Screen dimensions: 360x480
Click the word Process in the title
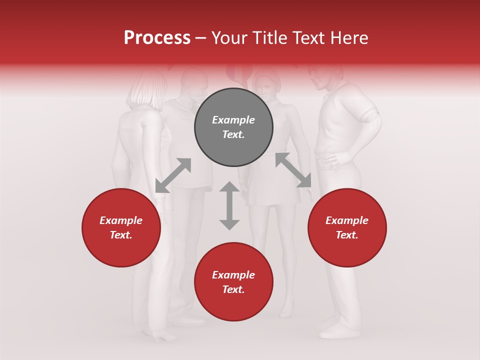(157, 38)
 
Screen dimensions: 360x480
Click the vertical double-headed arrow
(229, 205)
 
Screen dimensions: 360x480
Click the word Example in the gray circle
(233, 120)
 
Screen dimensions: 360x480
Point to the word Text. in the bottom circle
(233, 289)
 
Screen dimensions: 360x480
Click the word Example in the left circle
(121, 220)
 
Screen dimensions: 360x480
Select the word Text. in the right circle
(347, 235)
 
